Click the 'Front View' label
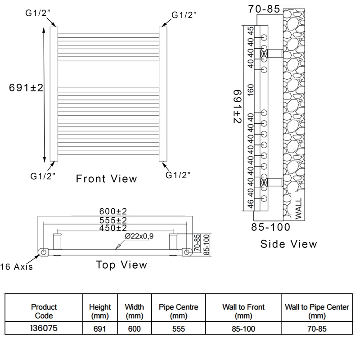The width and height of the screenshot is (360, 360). point(106,179)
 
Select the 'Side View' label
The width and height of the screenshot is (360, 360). point(288,244)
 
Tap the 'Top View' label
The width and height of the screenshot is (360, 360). point(121,265)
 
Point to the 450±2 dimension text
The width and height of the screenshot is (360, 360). point(113,228)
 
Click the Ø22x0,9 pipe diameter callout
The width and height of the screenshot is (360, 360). point(136,236)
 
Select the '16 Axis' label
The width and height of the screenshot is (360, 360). point(17,267)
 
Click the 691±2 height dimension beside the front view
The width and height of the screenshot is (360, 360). point(26,88)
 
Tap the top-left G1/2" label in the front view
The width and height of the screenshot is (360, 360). point(38,14)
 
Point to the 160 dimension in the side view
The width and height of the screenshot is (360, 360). point(251,90)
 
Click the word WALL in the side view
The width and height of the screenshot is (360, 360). point(298,207)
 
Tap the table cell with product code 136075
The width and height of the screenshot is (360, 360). point(44,328)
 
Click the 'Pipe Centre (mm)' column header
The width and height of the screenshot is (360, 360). point(178,311)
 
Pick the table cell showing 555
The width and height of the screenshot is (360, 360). point(178,329)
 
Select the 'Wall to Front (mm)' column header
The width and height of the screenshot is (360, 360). point(243,311)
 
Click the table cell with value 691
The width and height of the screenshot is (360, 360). point(100,329)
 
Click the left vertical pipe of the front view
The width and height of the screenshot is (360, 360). point(54,94)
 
